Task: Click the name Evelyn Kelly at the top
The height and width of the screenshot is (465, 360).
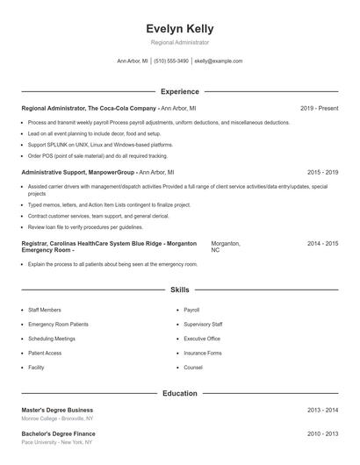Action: (180, 29)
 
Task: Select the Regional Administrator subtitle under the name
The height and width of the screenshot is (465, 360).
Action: (180, 42)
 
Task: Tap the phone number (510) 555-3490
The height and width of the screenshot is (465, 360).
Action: (172, 61)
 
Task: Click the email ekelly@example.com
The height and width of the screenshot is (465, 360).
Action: (219, 61)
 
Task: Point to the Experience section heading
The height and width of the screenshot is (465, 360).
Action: (180, 91)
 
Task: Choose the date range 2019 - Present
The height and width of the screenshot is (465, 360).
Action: (319, 108)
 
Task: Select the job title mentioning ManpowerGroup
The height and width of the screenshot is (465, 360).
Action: (97, 173)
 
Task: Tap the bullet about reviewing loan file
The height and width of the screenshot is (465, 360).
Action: (79, 226)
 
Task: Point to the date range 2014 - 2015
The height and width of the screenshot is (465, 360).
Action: (322, 242)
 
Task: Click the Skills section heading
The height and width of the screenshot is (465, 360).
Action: (180, 289)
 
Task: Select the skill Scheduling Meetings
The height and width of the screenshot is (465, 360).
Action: (52, 339)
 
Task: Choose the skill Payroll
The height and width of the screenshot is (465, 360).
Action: (191, 311)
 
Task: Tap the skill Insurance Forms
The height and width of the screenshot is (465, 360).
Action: (202, 353)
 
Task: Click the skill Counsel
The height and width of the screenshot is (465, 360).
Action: (193, 368)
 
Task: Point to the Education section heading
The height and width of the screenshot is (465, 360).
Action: (180, 394)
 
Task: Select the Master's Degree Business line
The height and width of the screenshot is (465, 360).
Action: (57, 410)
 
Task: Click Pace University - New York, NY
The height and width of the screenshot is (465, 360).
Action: (58, 441)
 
